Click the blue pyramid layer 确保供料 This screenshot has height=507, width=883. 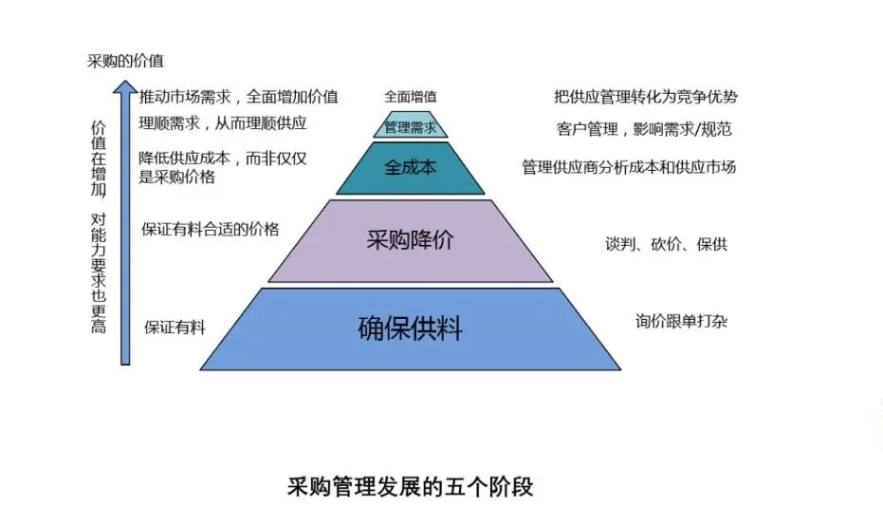click(x=410, y=329)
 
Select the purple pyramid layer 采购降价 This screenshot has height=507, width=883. click(x=410, y=241)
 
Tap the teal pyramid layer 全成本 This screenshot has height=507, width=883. click(x=410, y=168)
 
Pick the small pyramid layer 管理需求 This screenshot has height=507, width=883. click(x=410, y=125)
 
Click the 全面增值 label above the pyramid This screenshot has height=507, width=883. click(x=411, y=97)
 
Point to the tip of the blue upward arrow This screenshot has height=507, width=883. click(x=125, y=81)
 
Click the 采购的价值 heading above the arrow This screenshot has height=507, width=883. click(x=125, y=61)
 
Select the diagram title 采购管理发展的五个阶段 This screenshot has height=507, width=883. click(x=410, y=486)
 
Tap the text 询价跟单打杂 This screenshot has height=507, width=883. click(x=681, y=321)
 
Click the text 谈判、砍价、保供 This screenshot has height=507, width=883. click(x=666, y=244)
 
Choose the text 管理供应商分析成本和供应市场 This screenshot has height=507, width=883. click(x=629, y=167)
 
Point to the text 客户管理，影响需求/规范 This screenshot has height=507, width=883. click(x=644, y=129)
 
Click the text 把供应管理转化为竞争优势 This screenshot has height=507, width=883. click(x=645, y=97)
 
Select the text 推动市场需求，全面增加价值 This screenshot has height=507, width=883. click(x=239, y=97)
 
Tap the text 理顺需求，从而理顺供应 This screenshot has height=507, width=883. click(x=223, y=122)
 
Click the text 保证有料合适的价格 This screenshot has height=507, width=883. click(x=210, y=229)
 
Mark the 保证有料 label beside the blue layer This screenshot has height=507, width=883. click(x=175, y=328)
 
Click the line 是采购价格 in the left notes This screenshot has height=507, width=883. click(x=176, y=178)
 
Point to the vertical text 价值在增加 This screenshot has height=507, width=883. click(x=99, y=159)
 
